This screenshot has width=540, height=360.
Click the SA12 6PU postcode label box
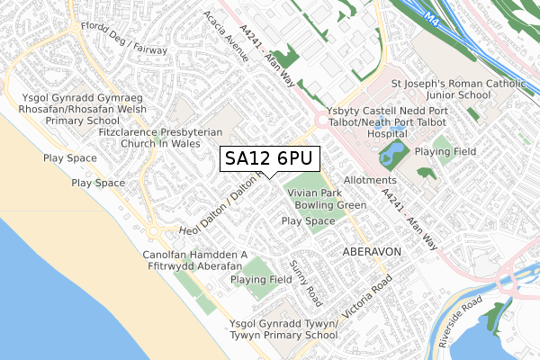coord(268,158)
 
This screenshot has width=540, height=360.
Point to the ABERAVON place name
coord(370,253)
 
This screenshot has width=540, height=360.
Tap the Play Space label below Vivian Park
coord(307,220)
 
